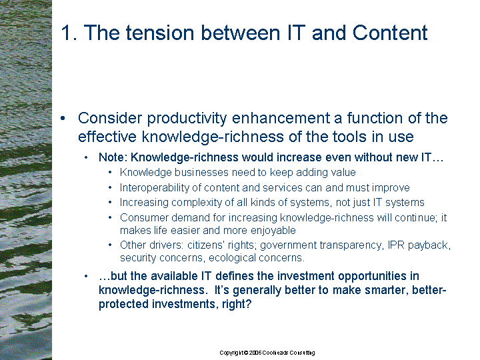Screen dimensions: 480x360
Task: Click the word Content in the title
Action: (x=390, y=33)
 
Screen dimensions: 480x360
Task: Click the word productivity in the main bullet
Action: (x=187, y=119)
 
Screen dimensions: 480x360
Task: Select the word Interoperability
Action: (x=155, y=187)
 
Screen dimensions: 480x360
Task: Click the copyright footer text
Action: (x=267, y=353)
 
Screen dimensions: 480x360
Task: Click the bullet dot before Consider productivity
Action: (x=63, y=118)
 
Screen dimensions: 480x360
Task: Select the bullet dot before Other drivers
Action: (x=110, y=245)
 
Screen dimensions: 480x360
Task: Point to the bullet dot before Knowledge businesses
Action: (x=110, y=173)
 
